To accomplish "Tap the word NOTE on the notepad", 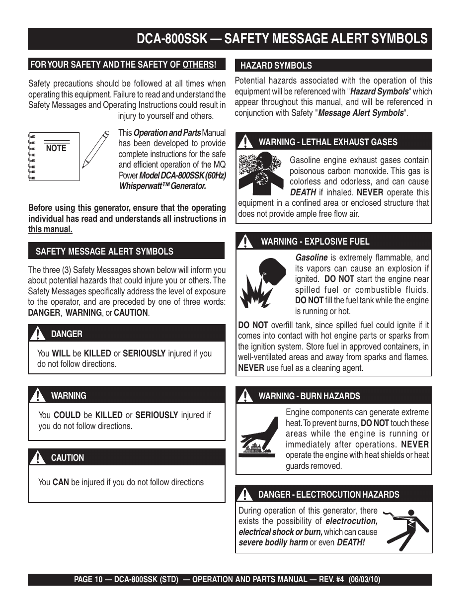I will pyautogui.click(x=56, y=148).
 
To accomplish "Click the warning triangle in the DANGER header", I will pyautogui.click(x=37, y=334).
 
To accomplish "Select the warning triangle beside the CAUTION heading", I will pyautogui.click(x=37, y=458).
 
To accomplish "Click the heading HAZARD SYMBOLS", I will pyautogui.click(x=276, y=66).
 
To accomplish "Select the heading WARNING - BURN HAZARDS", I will pyautogui.click(x=309, y=396).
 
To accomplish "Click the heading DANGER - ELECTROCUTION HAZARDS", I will pyautogui.click(x=328, y=495).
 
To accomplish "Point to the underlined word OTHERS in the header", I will pyautogui.click(x=198, y=65).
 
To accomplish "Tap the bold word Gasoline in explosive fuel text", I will pyautogui.click(x=312, y=258).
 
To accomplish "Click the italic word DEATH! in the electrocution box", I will pyautogui.click(x=351, y=542).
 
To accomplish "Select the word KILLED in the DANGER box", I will pyautogui.click(x=97, y=353).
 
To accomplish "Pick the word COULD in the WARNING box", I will pyautogui.click(x=67, y=415).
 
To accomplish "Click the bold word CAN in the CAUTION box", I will pyautogui.click(x=61, y=482).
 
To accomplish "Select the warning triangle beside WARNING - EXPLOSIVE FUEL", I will pyautogui.click(x=244, y=242).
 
